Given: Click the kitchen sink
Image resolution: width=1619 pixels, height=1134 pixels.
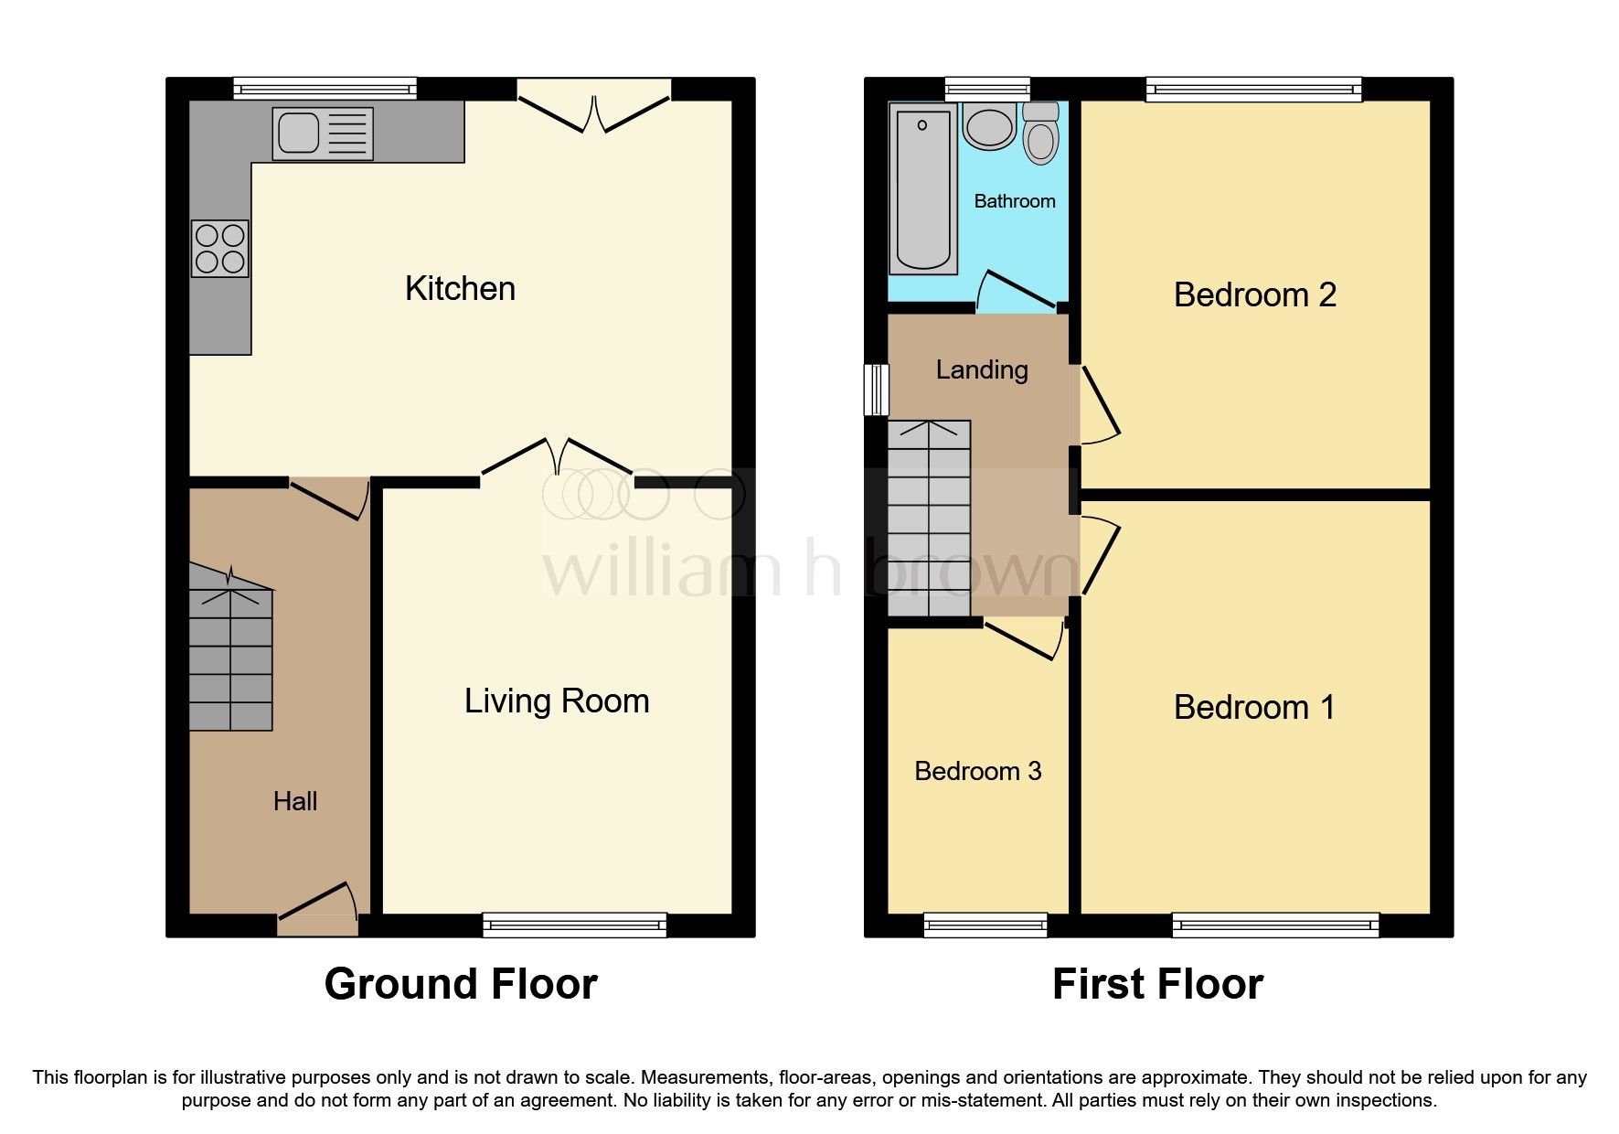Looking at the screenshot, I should (x=322, y=134).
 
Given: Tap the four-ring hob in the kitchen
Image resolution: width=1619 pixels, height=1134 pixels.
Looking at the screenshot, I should (x=219, y=249).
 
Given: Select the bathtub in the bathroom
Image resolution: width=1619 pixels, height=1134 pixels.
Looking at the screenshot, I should (x=922, y=188).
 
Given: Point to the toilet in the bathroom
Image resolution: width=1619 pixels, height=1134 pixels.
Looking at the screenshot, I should (x=1040, y=135).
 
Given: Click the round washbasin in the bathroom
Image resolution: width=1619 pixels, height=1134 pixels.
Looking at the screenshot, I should (x=988, y=128).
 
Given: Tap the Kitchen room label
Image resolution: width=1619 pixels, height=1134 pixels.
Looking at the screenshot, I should (x=460, y=289).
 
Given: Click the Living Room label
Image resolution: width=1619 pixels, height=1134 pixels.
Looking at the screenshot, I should (x=557, y=701).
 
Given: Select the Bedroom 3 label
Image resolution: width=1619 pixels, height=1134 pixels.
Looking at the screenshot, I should (x=977, y=771).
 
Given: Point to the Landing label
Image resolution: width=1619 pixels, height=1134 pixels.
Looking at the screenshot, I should (x=982, y=369).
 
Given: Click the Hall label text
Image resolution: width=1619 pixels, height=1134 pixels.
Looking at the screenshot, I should (x=295, y=802).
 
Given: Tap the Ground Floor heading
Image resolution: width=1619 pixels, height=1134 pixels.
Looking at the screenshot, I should (x=461, y=985).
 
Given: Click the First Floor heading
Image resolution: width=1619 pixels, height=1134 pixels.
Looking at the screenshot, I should (x=1157, y=985).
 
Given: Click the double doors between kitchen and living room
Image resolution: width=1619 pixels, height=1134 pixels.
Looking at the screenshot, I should (x=557, y=457).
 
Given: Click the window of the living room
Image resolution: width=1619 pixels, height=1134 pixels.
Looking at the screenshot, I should (x=575, y=925).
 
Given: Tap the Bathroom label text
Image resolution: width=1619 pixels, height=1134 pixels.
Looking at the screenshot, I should (x=1014, y=201).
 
